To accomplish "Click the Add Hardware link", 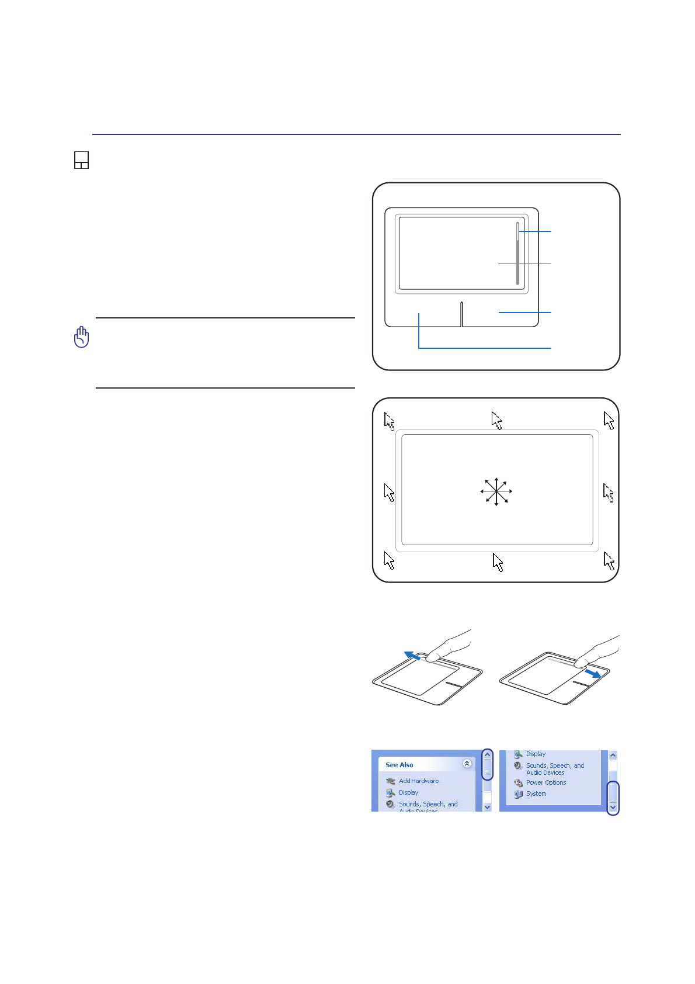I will coord(418,781).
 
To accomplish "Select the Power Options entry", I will coord(545,782).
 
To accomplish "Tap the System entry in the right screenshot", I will coord(536,794).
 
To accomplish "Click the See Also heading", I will coord(399,765).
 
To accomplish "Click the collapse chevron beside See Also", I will coord(467,764).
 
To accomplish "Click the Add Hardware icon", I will coord(390,781).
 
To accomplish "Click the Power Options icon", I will coord(518,783).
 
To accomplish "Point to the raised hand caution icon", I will coord(82,337).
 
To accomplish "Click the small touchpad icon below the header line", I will coord(81,160).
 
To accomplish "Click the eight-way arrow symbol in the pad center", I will coord(496,491).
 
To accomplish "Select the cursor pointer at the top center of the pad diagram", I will coord(497,420).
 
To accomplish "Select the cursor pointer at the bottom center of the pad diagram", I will coord(498,562).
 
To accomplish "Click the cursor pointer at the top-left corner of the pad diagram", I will coord(390,421).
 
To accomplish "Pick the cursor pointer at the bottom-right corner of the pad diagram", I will coord(609,561).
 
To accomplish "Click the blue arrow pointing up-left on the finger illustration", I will coord(412,656).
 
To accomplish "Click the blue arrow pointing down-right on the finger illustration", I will coord(593,674).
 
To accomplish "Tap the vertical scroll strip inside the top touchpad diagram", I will coord(517,254).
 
